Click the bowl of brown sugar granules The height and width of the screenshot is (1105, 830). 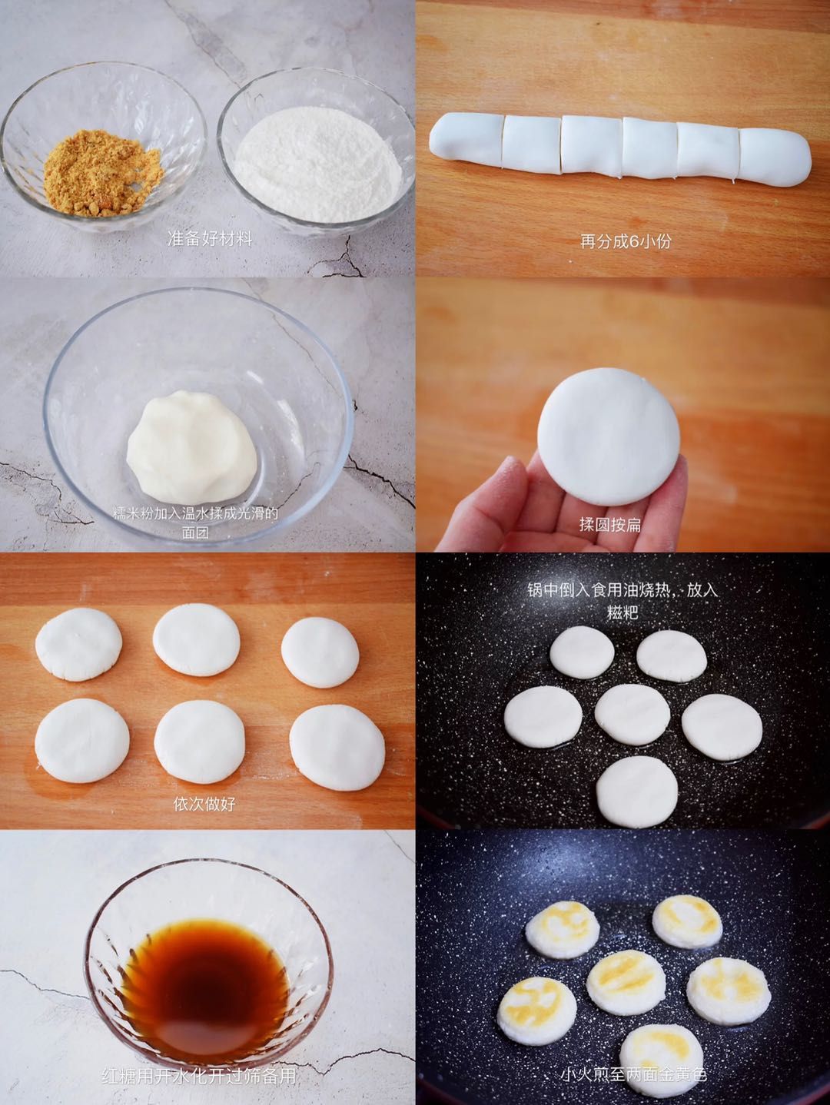coord(103,151)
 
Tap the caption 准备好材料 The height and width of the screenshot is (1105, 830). coord(209,239)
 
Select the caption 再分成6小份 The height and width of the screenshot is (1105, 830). coord(625,241)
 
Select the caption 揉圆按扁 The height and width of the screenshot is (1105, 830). coord(609,525)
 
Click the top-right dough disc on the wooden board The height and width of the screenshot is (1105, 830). coord(320,652)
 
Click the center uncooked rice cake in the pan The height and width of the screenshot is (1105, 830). coord(632,714)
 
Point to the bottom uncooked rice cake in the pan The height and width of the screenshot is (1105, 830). coord(637,791)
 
